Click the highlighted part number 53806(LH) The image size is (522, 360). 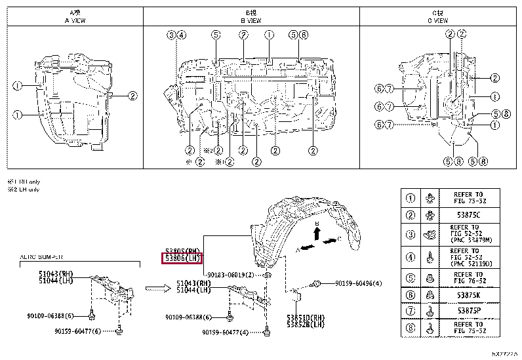click(182, 258)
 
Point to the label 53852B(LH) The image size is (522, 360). click(305, 324)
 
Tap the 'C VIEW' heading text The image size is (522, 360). click(434, 20)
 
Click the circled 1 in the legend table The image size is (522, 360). click(411, 197)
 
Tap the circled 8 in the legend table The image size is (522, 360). click(411, 328)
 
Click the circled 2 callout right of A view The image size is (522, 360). click(132, 96)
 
